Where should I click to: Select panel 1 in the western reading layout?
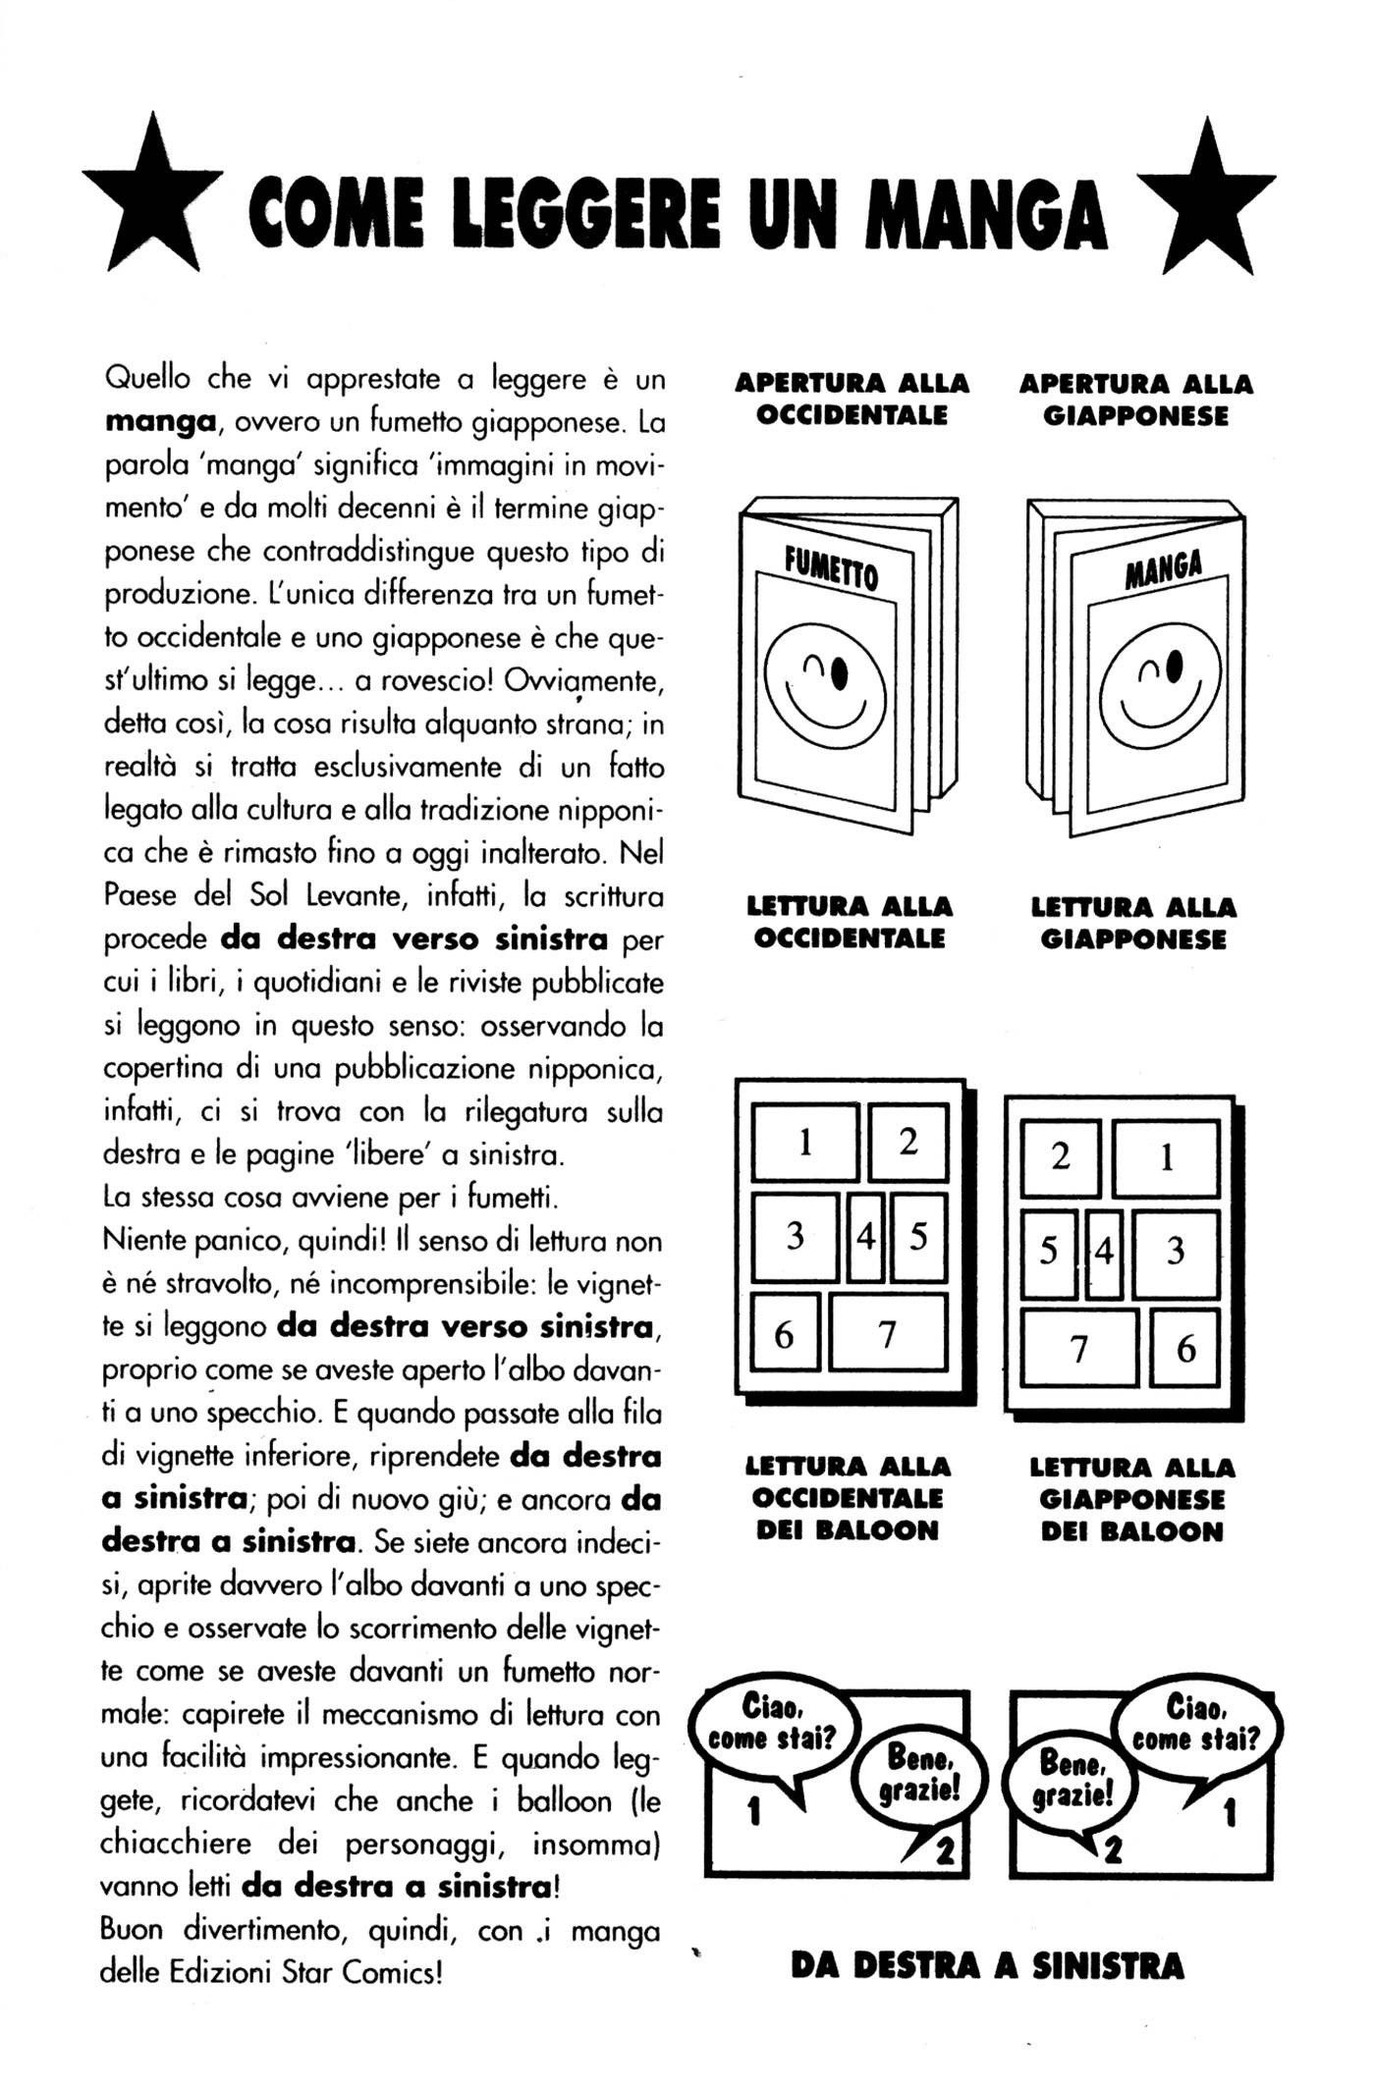coord(805,1143)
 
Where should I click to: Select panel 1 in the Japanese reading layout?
coord(1166,1158)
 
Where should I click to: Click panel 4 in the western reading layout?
coord(865,1237)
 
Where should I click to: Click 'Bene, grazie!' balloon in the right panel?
coord(1075,1782)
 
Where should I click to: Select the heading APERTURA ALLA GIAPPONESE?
coord(1135,400)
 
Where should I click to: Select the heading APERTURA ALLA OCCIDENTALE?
coord(852,399)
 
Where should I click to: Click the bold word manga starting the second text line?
coord(160,422)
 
